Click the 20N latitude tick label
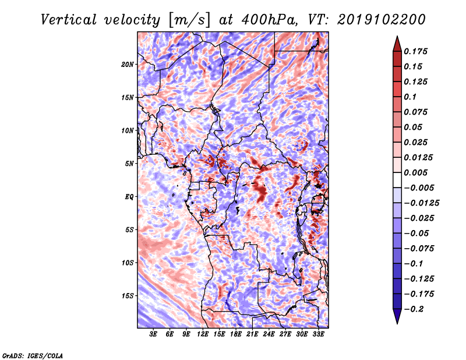128,65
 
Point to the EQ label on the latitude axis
129,197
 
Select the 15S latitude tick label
128,296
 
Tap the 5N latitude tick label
129,164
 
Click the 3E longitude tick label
153,334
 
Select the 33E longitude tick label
318,334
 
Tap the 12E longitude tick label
202,334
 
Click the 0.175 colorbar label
415,51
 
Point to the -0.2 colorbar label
414,309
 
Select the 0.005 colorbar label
415,172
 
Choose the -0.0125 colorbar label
421,203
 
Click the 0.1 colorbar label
410,97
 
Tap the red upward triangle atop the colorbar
397,44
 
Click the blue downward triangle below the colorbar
397,316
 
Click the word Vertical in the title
68,20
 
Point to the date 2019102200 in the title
382,20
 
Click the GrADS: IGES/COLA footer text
33,355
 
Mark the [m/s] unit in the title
189,20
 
